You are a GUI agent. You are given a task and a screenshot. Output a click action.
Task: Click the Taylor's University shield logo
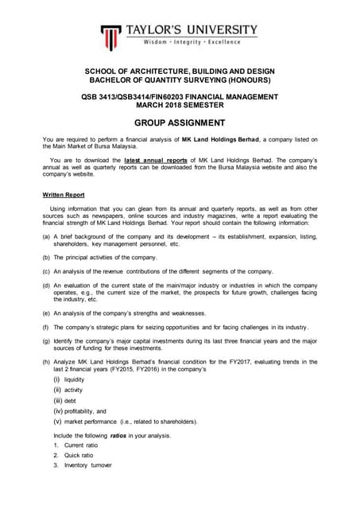111,35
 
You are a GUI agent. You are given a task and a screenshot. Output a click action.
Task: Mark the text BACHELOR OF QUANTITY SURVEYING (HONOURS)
180,80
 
